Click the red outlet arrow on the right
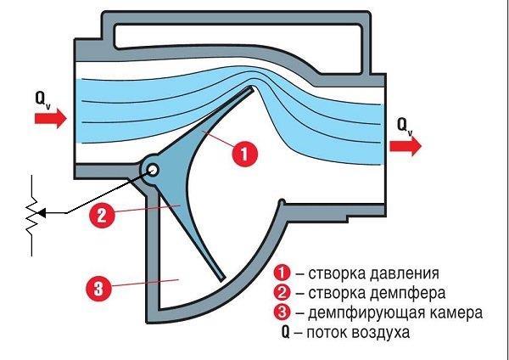[x=406, y=145]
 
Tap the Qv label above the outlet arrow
[x=405, y=127]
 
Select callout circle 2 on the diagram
[x=101, y=215]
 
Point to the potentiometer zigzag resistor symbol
[x=31, y=217]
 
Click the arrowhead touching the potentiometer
[x=43, y=212]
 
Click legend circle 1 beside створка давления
[x=282, y=273]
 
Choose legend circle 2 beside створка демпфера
[x=282, y=293]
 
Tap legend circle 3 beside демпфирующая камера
[x=282, y=312]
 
